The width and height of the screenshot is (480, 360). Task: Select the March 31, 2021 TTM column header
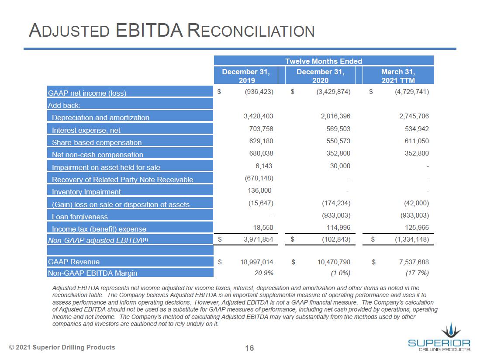point(398,76)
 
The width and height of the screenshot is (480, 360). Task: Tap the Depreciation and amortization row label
point(100,118)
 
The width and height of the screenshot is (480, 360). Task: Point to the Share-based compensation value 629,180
point(259,141)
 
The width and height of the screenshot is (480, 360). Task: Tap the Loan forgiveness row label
point(79,217)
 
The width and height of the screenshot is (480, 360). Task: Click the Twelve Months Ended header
point(323,61)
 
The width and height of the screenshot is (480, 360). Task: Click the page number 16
point(249,348)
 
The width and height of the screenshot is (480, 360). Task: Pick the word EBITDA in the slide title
point(149,31)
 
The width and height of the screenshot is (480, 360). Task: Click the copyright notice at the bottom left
point(62,347)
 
